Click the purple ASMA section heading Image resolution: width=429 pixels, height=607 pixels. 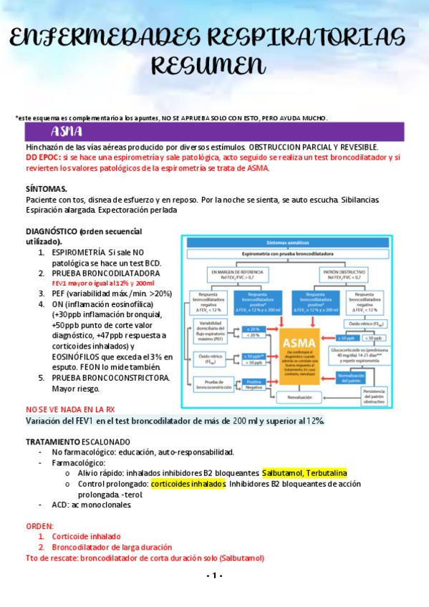67,132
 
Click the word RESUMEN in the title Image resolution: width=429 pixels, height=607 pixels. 214,65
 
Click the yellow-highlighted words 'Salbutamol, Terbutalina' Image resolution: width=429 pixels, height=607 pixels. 304,473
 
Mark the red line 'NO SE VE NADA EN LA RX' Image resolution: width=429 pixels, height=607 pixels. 70,410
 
